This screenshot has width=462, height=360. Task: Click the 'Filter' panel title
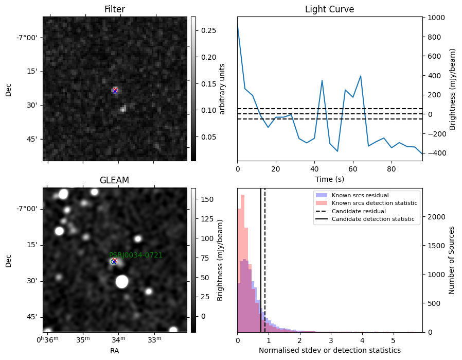(115, 9)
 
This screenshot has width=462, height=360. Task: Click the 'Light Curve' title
(329, 9)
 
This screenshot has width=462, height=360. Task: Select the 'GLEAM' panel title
(114, 180)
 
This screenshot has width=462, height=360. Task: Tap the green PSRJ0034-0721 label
(136, 255)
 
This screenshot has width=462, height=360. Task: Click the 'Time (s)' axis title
(330, 179)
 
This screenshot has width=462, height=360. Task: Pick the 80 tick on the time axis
(392, 169)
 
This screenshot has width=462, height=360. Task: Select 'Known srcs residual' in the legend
(360, 195)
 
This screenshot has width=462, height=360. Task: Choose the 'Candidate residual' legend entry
(359, 211)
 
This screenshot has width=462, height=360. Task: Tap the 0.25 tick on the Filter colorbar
(208, 31)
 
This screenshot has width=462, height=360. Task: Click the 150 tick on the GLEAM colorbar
(207, 199)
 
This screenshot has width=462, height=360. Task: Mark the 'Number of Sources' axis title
(451, 261)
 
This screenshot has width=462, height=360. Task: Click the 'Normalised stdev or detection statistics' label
(330, 350)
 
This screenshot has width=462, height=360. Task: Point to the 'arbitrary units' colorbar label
(222, 89)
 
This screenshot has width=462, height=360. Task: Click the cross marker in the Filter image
(115, 91)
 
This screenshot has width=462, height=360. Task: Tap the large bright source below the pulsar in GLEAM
(122, 282)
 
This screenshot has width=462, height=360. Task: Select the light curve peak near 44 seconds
(322, 80)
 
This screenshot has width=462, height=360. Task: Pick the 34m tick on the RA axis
(118, 339)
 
